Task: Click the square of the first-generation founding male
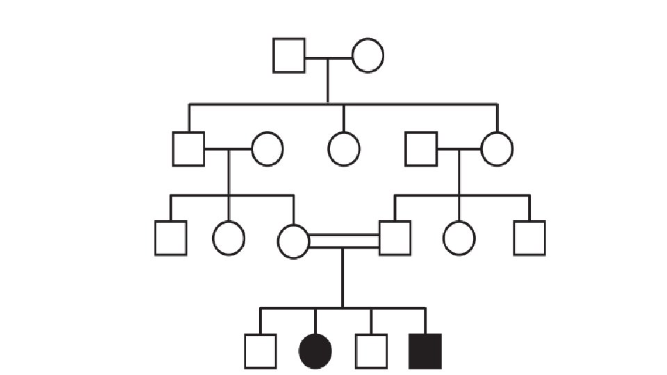click(289, 56)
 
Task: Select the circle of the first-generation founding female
click(368, 56)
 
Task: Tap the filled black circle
click(315, 351)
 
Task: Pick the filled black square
click(425, 351)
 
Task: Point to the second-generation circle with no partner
click(343, 149)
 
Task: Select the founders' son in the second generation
click(188, 149)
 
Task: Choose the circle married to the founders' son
click(267, 149)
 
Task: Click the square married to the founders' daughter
click(421, 149)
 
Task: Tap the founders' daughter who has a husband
click(497, 149)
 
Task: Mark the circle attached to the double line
click(293, 241)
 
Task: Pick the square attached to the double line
click(395, 238)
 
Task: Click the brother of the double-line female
click(171, 238)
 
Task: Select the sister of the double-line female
click(229, 238)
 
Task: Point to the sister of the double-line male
click(459, 238)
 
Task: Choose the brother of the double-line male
click(529, 238)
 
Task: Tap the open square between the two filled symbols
click(371, 351)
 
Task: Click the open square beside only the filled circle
click(261, 351)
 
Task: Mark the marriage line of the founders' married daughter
click(459, 148)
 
